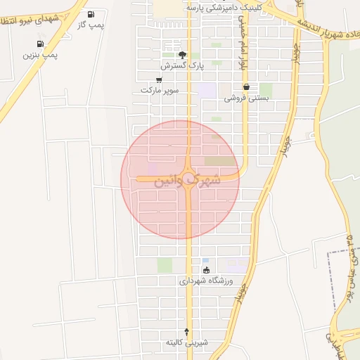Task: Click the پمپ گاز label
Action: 91,25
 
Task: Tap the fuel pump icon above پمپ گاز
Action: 91,14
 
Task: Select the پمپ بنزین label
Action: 40,54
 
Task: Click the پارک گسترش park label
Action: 181,65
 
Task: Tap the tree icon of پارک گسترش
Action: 182,54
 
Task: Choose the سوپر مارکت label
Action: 160,91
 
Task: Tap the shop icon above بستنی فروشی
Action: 246,87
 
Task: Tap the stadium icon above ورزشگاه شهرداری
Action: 206,270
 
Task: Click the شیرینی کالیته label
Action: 187,342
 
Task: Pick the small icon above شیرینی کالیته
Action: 187,331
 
